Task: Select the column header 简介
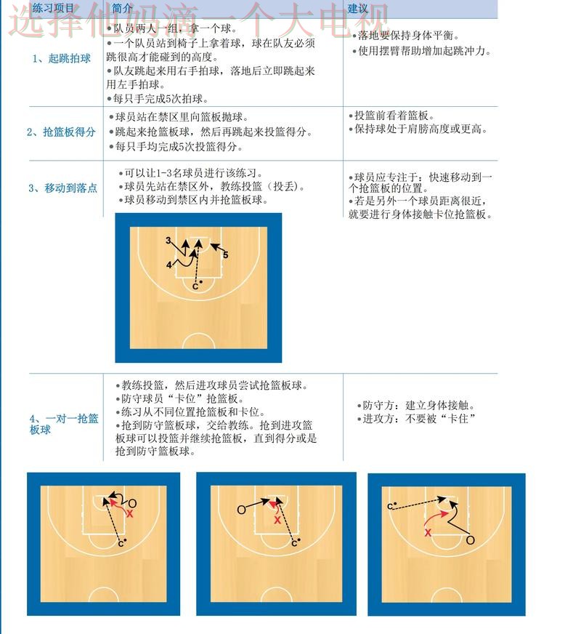pyautogui.click(x=123, y=9)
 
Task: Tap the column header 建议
pyautogui.click(x=357, y=9)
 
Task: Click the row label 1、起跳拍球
pyautogui.click(x=62, y=58)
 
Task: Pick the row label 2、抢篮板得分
pyautogui.click(x=61, y=132)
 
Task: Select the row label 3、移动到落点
pyautogui.click(x=62, y=188)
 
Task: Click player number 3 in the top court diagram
pyautogui.click(x=168, y=241)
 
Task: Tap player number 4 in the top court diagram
pyautogui.click(x=168, y=265)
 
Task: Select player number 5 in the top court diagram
pyautogui.click(x=226, y=255)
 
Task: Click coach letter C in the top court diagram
pyautogui.click(x=195, y=286)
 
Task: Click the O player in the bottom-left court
pyautogui.click(x=132, y=503)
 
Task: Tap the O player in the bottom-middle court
pyautogui.click(x=241, y=510)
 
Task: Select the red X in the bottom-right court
pyautogui.click(x=428, y=532)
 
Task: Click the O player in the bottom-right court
pyautogui.click(x=470, y=540)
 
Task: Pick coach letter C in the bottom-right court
pyautogui.click(x=390, y=506)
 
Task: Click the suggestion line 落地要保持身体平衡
pyautogui.click(x=408, y=35)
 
